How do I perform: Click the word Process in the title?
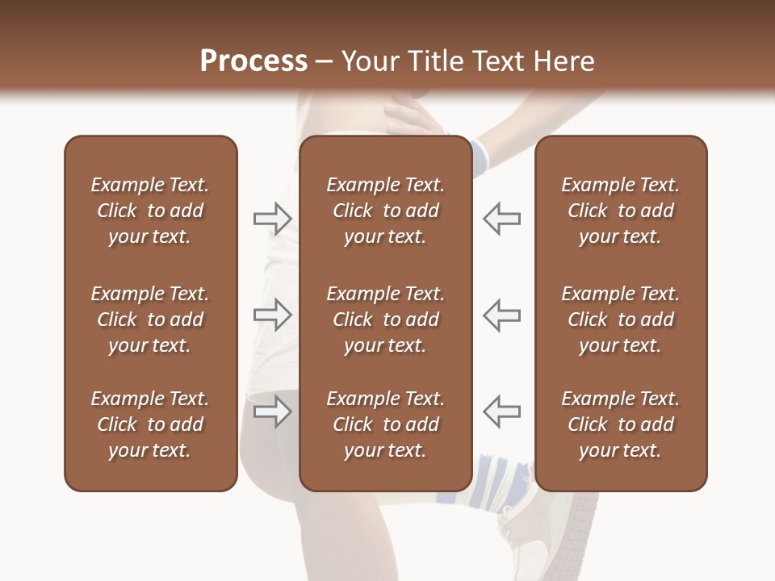(253, 61)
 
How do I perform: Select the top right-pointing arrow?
(272, 218)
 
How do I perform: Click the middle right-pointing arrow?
(272, 315)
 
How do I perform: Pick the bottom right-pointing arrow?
(272, 412)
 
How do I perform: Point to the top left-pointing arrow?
(502, 218)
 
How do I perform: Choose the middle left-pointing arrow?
(502, 315)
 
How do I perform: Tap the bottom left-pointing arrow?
(502, 412)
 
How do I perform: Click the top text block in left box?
(150, 211)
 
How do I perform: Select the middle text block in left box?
(150, 320)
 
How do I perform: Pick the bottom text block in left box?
(150, 424)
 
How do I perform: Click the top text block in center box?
(385, 211)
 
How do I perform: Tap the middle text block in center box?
(385, 320)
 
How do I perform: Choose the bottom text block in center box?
(385, 424)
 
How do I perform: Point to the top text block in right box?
(620, 211)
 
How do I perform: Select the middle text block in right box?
(620, 320)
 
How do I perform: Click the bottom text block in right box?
(620, 424)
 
